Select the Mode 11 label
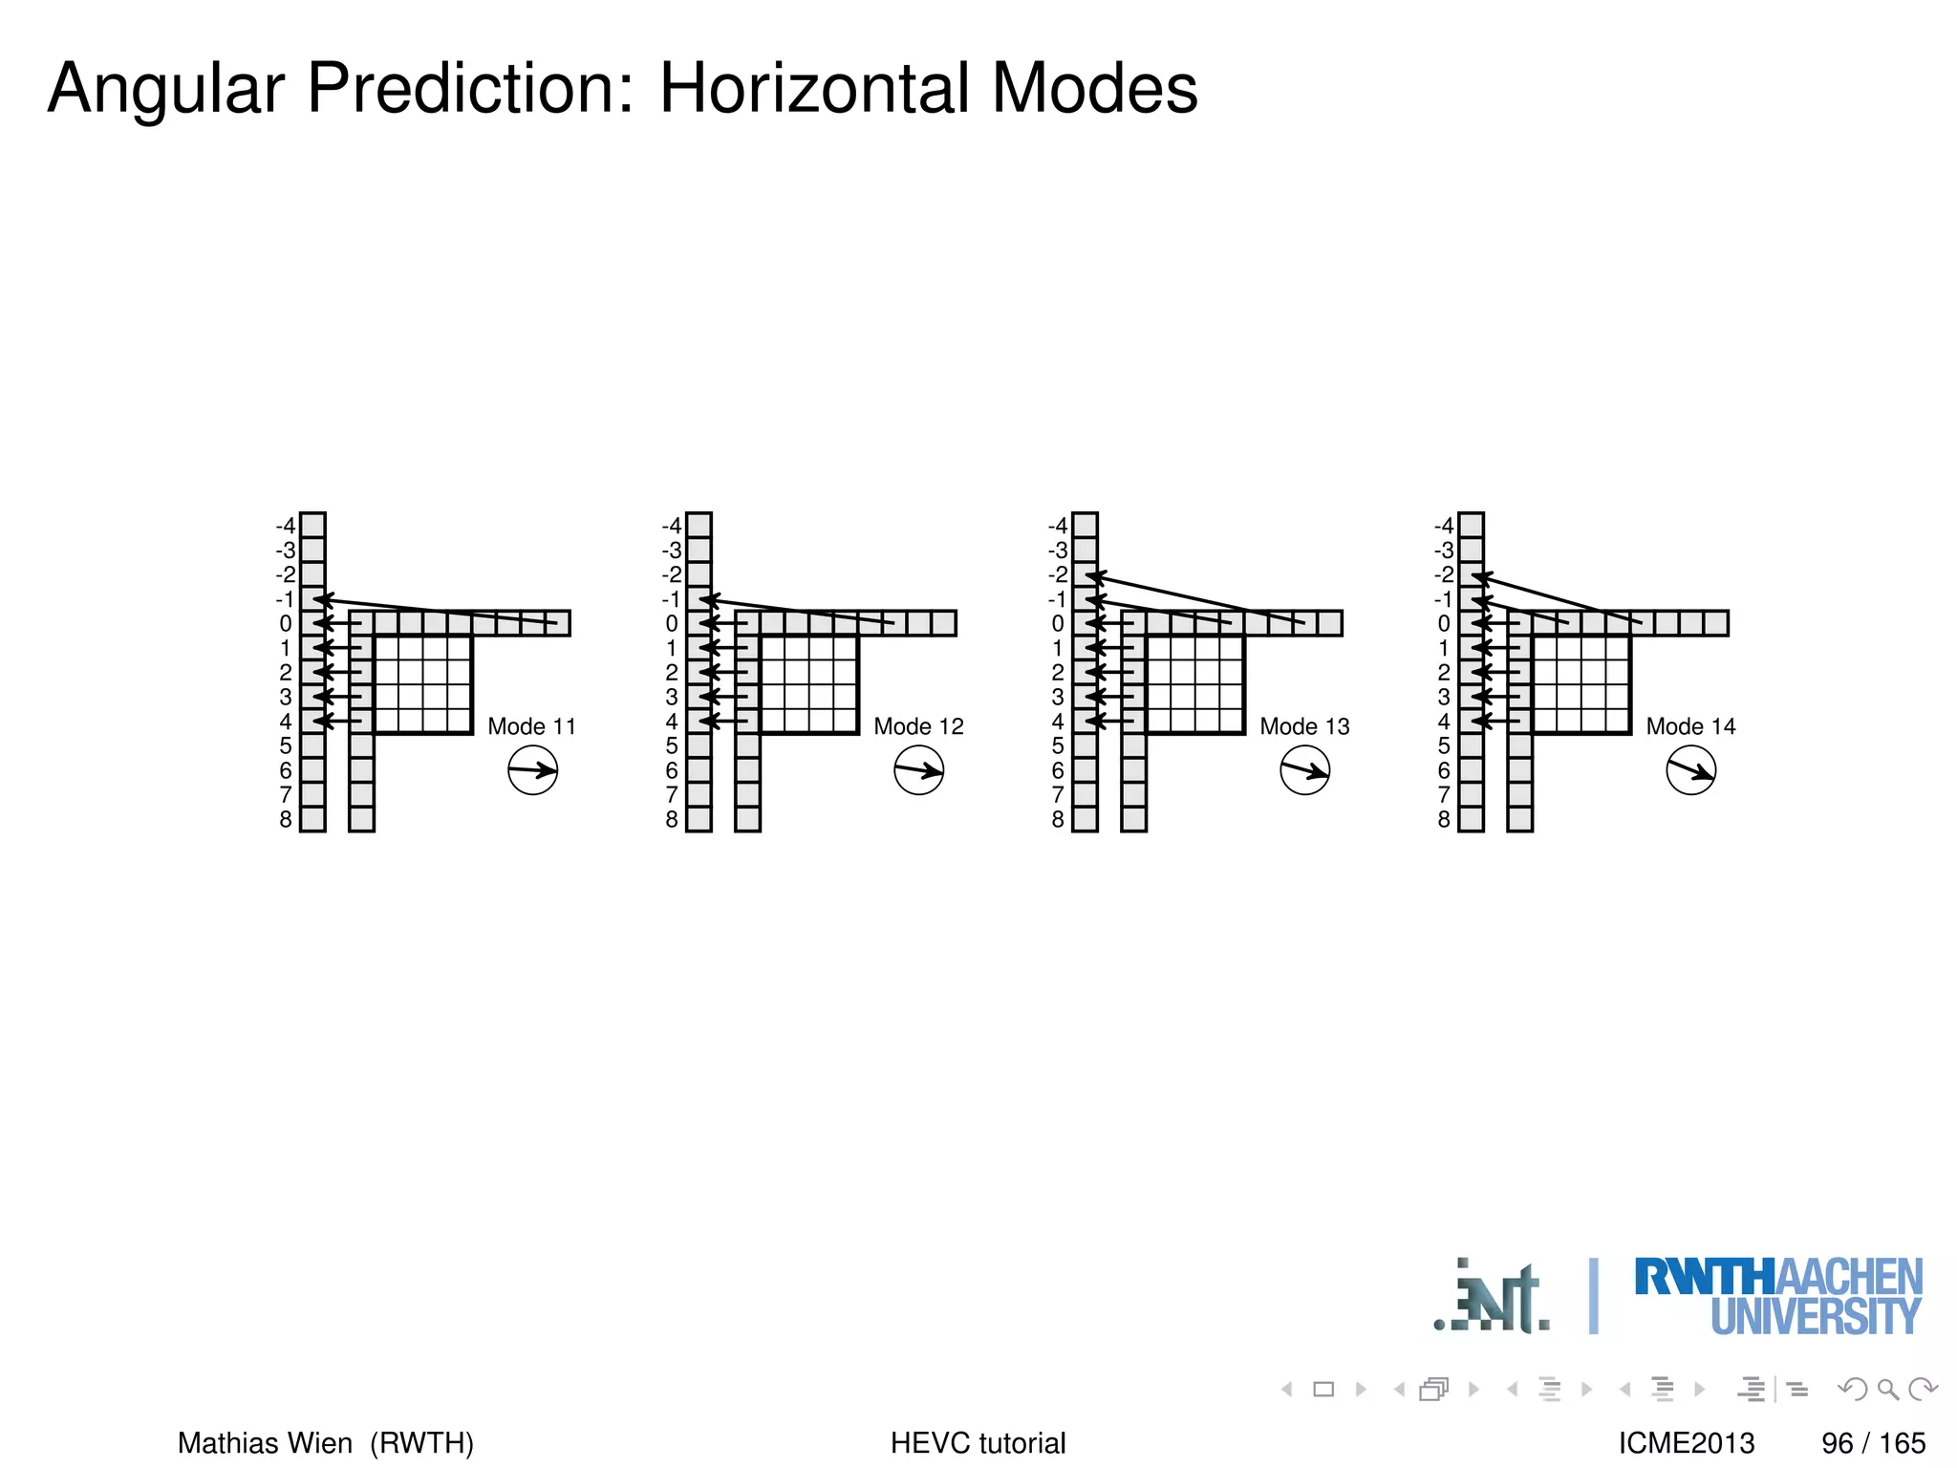coord(531,726)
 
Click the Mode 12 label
coord(918,726)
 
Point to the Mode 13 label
coord(1304,726)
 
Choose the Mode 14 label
coord(1690,726)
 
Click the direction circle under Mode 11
coord(532,770)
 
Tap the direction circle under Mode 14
coord(1690,770)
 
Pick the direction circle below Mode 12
coord(918,770)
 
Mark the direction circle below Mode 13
coord(1304,770)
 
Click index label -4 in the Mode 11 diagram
coord(285,526)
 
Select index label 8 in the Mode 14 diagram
coord(1444,819)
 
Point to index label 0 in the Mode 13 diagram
coord(1058,623)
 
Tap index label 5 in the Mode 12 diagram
coord(672,745)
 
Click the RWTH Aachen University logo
coord(1777,1296)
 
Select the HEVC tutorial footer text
coord(978,1442)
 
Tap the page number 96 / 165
coord(1873,1442)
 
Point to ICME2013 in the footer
coord(1687,1442)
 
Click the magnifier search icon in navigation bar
coord(1887,1389)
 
